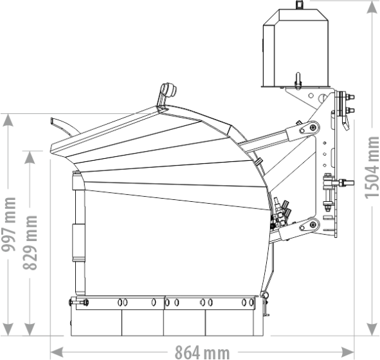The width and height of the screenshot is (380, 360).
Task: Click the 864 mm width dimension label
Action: pos(202,353)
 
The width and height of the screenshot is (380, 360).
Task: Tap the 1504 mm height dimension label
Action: pos(372,168)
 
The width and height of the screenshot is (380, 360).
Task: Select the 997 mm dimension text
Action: pos(9,224)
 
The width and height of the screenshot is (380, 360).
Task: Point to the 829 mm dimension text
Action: pos(30,242)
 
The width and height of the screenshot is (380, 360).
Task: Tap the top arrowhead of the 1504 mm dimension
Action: pos(372,7)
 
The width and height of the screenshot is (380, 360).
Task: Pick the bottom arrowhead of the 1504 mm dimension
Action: pos(372,330)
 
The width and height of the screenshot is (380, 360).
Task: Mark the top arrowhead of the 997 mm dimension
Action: pos(8,120)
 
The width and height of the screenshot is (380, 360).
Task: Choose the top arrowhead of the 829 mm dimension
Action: pos(30,157)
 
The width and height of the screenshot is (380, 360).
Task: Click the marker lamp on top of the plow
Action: pos(167,95)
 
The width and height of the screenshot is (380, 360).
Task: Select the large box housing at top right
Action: pos(296,48)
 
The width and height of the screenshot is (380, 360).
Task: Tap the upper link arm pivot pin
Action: pos(313,127)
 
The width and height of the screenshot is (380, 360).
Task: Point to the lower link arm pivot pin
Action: pos(313,224)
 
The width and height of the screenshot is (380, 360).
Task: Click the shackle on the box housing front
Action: pos(298,80)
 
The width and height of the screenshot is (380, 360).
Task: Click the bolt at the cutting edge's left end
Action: pos(78,302)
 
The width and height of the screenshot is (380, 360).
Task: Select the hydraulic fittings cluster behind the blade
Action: pos(280,213)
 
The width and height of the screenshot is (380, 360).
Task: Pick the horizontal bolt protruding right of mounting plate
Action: pos(346,182)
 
